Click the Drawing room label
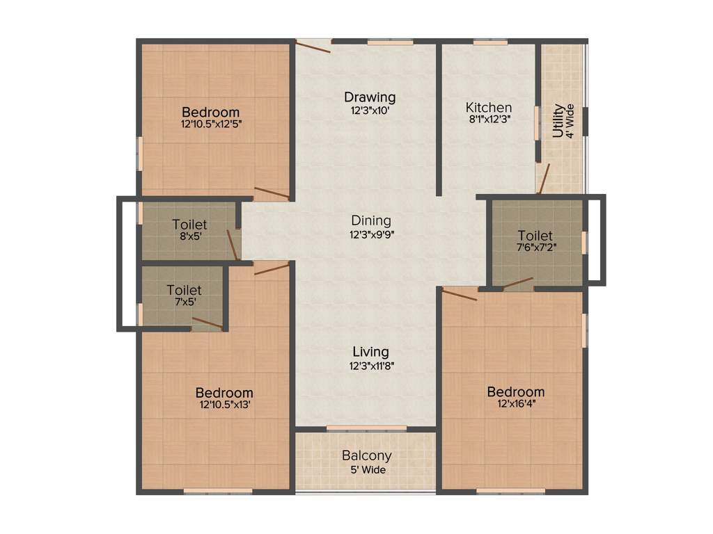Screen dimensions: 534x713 [x=370, y=97]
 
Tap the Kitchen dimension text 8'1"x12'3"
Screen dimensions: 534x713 [x=489, y=120]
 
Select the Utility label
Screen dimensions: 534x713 [x=558, y=121]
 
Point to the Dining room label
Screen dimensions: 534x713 [x=370, y=220]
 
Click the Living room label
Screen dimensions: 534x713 [x=370, y=352]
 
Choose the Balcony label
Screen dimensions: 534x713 [x=366, y=456]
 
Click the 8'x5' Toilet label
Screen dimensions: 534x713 [x=189, y=225]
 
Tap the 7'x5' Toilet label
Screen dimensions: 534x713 [x=184, y=290]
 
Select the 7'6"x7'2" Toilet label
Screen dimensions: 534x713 [x=535, y=236]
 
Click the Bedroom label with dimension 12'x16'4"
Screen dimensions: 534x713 [x=515, y=392]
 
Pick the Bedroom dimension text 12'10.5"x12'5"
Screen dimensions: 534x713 [x=211, y=124]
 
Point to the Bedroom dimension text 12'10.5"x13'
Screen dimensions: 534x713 [x=224, y=405]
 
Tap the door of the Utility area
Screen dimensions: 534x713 [x=544, y=179]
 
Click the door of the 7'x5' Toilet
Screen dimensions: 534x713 [x=207, y=323]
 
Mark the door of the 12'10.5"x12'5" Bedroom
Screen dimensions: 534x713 [x=272, y=193]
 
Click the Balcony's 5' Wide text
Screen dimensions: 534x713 [x=366, y=469]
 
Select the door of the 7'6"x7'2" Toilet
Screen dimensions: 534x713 [x=518, y=283]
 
